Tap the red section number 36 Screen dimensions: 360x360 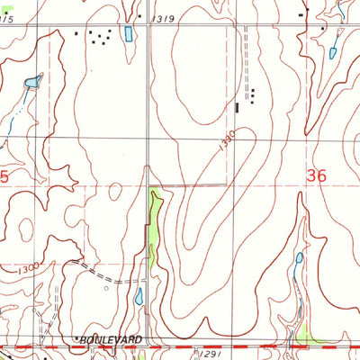point(316,176)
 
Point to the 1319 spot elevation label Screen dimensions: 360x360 point(163,17)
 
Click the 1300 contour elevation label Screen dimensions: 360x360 point(27,268)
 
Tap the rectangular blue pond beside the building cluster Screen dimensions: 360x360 point(129,35)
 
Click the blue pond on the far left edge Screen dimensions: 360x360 point(32,83)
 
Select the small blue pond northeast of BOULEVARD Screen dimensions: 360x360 point(139,296)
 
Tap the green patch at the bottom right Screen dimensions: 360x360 point(310,337)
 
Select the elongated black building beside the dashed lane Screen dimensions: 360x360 point(238,107)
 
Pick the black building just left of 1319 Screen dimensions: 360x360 point(139,16)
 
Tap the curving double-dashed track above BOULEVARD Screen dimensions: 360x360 point(90,269)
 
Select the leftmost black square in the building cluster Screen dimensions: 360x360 point(76,33)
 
